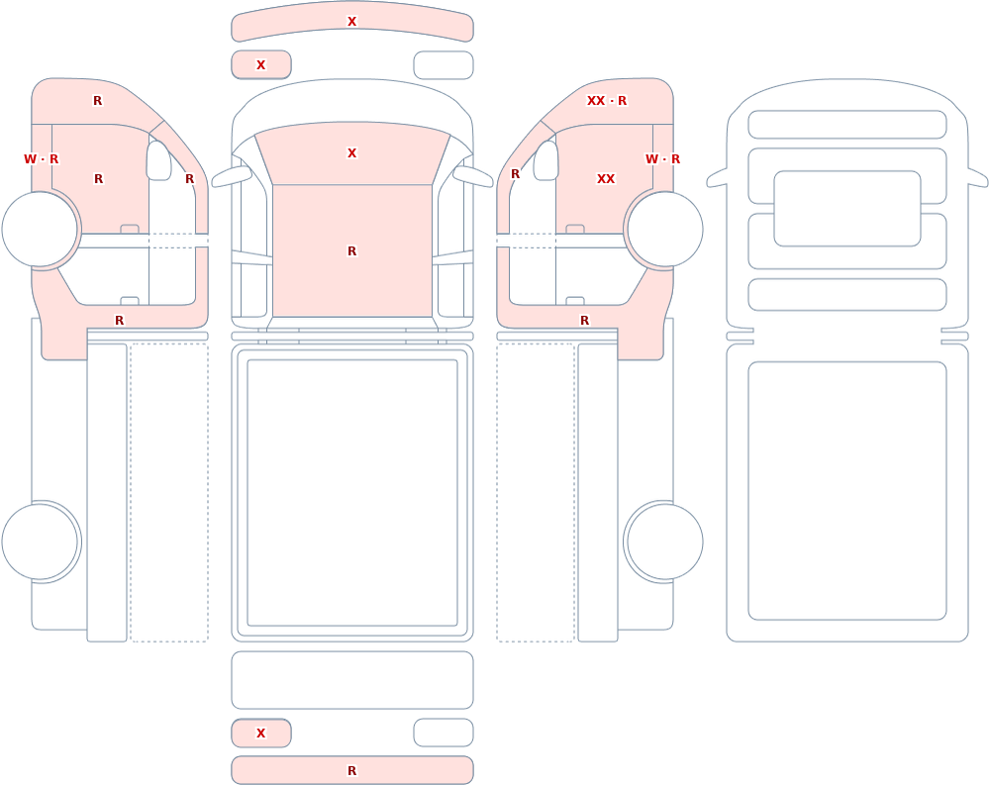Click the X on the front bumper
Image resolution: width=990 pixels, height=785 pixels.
351,22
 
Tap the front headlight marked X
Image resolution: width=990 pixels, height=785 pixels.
261,64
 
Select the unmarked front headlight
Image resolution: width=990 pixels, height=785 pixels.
444,65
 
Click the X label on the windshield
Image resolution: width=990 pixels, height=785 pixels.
351,153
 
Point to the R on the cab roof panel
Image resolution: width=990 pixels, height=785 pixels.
351,251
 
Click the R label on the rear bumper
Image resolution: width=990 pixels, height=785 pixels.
351,771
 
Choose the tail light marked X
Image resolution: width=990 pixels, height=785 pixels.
261,733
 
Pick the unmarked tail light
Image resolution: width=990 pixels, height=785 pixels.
444,733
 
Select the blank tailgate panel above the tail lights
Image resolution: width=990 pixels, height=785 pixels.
352,679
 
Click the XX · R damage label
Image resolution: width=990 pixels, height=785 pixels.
607,101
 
